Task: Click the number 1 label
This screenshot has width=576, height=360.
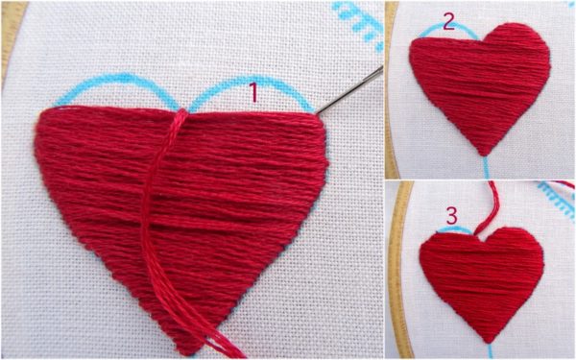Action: (254, 92)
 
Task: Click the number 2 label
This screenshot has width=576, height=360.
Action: (447, 20)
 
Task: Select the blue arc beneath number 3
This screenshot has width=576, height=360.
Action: (455, 229)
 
